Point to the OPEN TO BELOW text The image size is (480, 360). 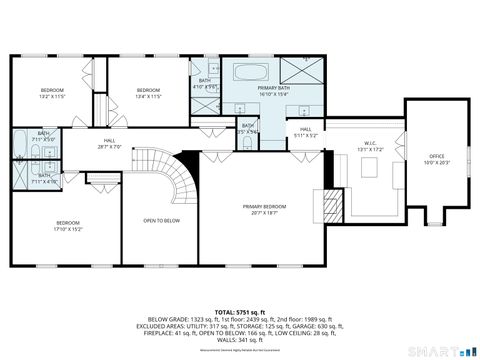click(161, 221)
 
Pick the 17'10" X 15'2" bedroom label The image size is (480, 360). click(68, 226)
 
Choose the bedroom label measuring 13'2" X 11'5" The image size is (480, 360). click(51, 93)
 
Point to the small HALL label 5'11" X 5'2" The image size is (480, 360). click(306, 132)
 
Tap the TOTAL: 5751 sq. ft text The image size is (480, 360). click(240, 313)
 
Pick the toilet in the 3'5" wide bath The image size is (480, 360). click(246, 141)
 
